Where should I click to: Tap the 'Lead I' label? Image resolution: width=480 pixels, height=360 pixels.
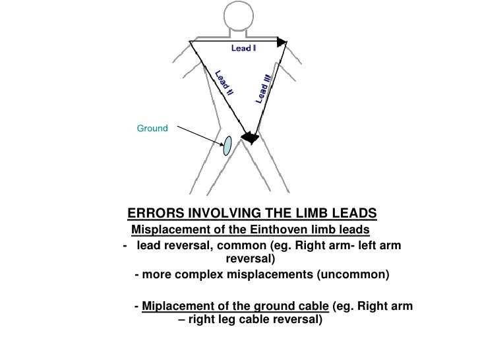click(243, 48)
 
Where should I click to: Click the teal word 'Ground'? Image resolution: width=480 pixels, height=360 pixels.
click(152, 127)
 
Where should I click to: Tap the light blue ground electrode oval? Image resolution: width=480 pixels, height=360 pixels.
click(227, 146)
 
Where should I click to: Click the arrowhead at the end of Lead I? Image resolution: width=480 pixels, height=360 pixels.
click(282, 42)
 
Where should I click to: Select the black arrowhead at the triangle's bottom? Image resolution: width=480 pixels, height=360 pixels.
click(249, 137)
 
